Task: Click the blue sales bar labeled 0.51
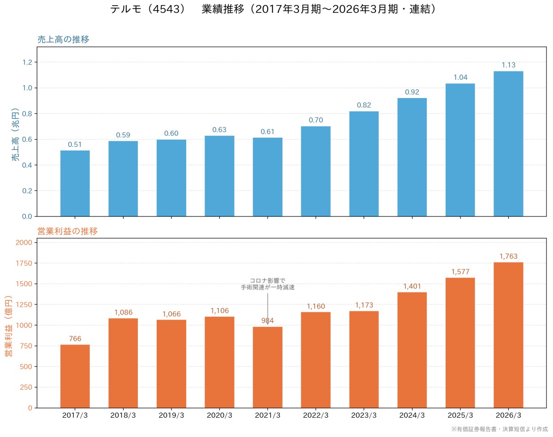[x=75, y=183]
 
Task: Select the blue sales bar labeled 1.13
[x=508, y=144]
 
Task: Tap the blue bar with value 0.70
[x=316, y=171]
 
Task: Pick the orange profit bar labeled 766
[x=75, y=376]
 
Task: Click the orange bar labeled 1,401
[x=412, y=350]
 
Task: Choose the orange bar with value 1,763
[x=508, y=335]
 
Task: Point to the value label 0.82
[x=364, y=105]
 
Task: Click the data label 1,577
[x=460, y=272]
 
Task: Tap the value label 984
[x=267, y=320]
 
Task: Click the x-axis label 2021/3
[x=267, y=415]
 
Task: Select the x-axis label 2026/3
[x=508, y=415]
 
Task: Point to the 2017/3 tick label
[x=75, y=415]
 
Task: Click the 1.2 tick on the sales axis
[x=27, y=62]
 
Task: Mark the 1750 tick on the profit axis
[x=24, y=263]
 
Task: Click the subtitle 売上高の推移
[x=64, y=39]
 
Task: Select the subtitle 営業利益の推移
[x=68, y=231]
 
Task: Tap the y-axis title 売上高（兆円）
[x=15, y=134]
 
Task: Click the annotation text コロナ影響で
[x=267, y=280]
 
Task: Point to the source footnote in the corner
[x=500, y=429]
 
